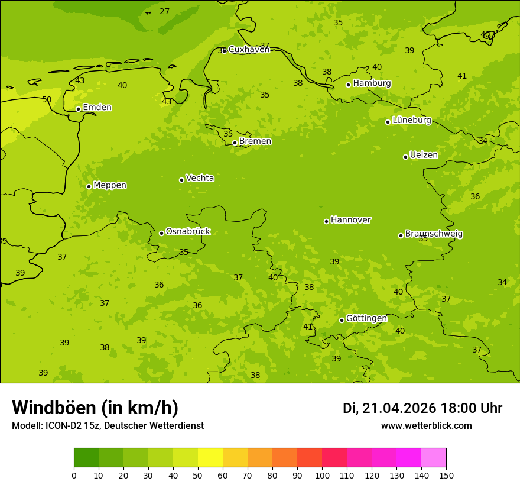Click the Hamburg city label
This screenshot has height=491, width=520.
pyautogui.click(x=372, y=83)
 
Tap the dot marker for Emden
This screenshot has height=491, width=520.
pyautogui.click(x=78, y=109)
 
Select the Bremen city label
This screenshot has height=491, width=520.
pyautogui.click(x=255, y=141)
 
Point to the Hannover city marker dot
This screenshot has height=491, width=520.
pyautogui.click(x=326, y=221)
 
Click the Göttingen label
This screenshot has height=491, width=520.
pyautogui.click(x=366, y=318)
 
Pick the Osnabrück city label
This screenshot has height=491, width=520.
pyautogui.click(x=188, y=231)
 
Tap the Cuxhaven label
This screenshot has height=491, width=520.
pyautogui.click(x=249, y=49)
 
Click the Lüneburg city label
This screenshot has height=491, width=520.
pyautogui.click(x=411, y=120)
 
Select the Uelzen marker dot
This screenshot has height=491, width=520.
pyautogui.click(x=405, y=157)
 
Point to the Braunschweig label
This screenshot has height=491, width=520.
pyautogui.click(x=434, y=234)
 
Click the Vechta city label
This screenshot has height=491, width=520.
pyautogui.click(x=200, y=178)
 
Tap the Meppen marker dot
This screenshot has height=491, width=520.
pyautogui.click(x=89, y=186)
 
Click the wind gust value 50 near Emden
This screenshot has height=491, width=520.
pyautogui.click(x=47, y=99)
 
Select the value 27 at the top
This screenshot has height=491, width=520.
pyautogui.click(x=164, y=11)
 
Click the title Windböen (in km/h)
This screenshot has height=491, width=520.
pyautogui.click(x=95, y=408)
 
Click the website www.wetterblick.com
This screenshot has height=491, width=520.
pyautogui.click(x=426, y=426)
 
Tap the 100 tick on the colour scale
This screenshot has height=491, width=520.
pyautogui.click(x=322, y=475)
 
